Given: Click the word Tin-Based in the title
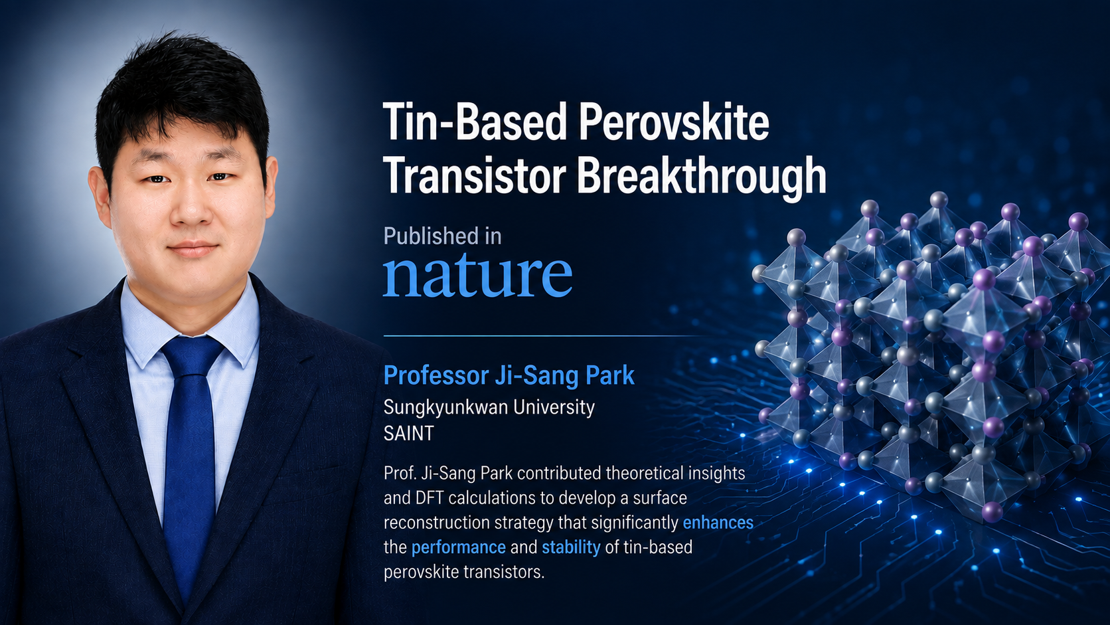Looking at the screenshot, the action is pos(475,122).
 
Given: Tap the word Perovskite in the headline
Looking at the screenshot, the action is pos(674,122).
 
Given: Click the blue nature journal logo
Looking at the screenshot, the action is pos(478,275).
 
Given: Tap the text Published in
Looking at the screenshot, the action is pos(443,236).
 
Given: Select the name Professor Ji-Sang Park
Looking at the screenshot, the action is pos(509,375).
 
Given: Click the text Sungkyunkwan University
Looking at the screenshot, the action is pos(489,407).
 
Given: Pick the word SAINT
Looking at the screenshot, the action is pos(409,434).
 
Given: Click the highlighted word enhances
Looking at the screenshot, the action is pos(718,523).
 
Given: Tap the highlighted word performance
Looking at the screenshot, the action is pos(458,548).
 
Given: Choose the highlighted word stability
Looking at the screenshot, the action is pos(571,548).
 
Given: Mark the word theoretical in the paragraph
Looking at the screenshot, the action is pos(645,474).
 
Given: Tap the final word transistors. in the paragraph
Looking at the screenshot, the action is pos(504,572).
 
